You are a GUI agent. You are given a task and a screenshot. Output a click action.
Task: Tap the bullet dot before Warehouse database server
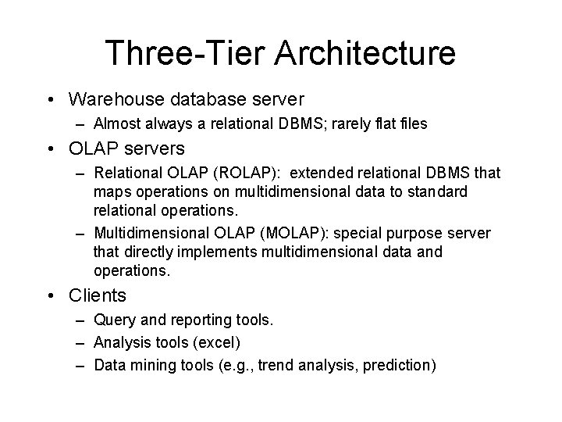click(x=51, y=100)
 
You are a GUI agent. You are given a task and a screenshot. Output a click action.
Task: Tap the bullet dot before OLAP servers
click(x=51, y=148)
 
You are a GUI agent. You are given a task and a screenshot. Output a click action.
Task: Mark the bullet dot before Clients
click(x=51, y=295)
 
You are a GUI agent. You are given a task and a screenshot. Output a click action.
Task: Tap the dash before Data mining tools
click(x=81, y=365)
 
